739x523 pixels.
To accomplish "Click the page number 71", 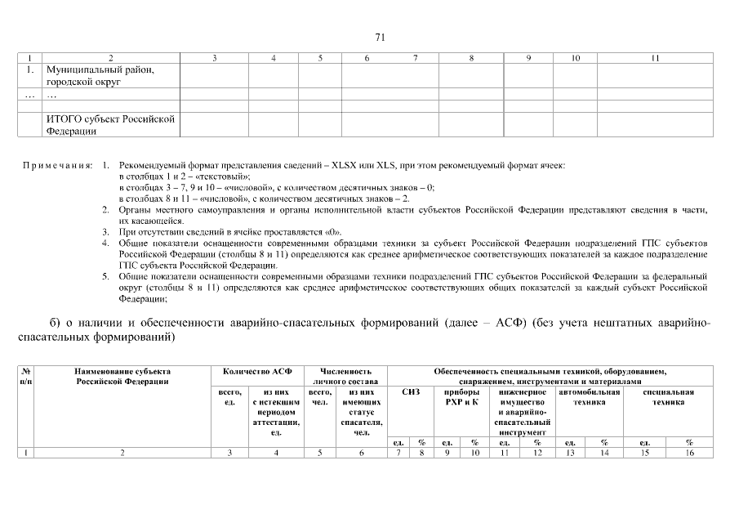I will pyautogui.click(x=380, y=37).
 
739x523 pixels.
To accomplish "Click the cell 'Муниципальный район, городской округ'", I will pyautogui.click(x=100, y=76).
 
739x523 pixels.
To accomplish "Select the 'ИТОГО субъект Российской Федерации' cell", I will pyautogui.click(x=110, y=124).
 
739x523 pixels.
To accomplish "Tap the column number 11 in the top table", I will pyautogui.click(x=655, y=59).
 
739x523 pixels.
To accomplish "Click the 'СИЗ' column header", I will pyautogui.click(x=411, y=392).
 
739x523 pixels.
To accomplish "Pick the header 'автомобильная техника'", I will pyautogui.click(x=588, y=397).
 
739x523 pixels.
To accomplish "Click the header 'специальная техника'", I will pyautogui.click(x=668, y=397).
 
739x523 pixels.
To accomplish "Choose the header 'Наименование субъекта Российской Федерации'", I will pyautogui.click(x=122, y=376).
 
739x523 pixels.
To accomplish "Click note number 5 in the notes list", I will pyautogui.click(x=106, y=276).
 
